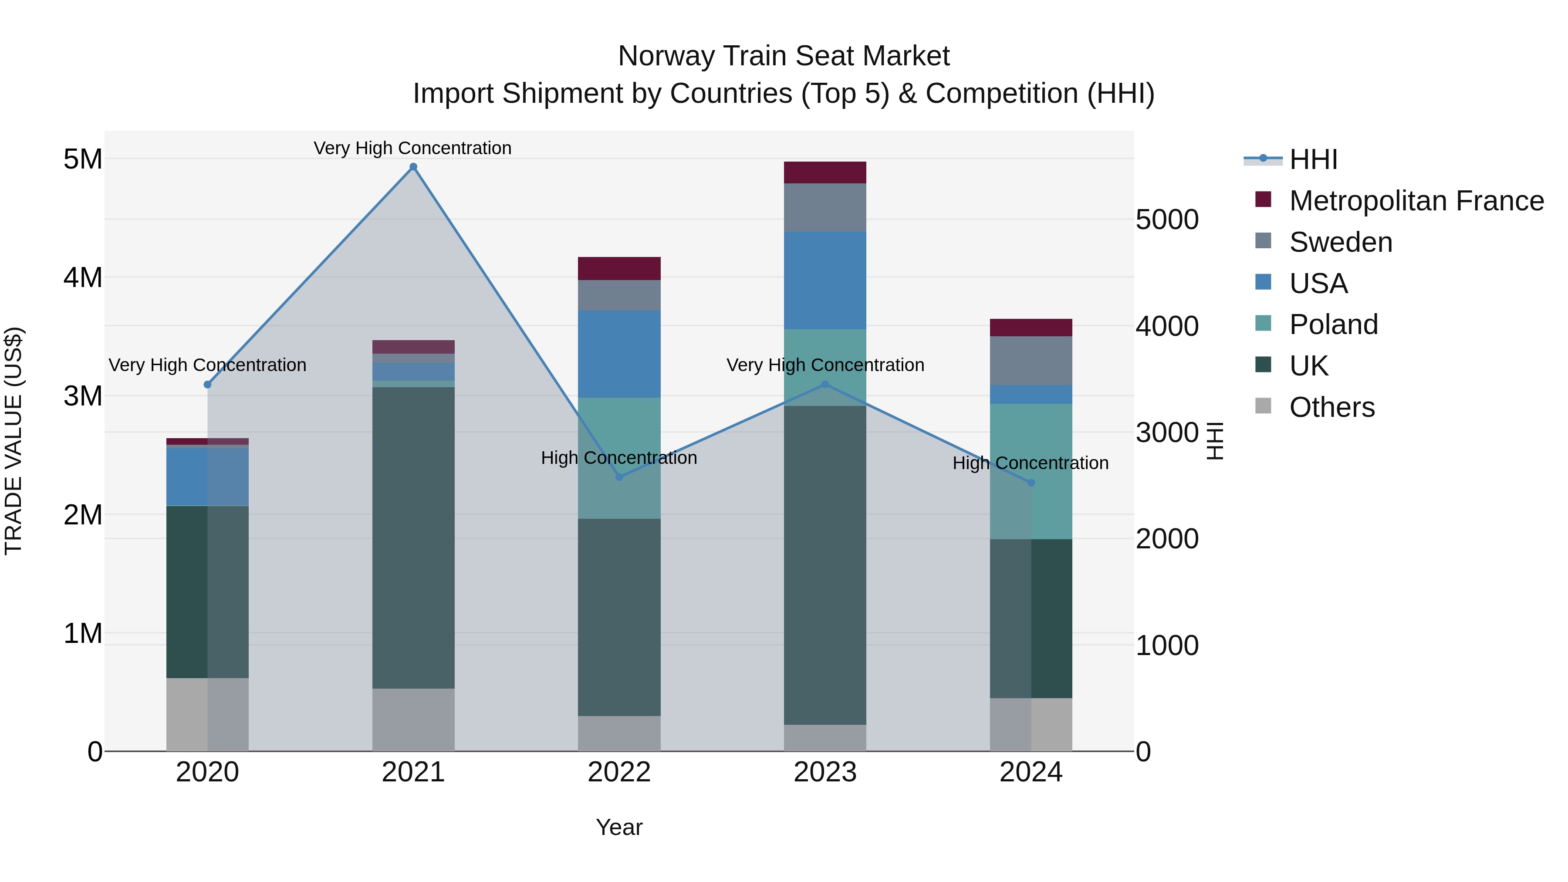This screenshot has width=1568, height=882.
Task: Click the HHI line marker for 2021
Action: pyautogui.click(x=413, y=167)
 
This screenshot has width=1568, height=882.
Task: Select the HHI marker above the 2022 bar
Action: pyautogui.click(x=619, y=477)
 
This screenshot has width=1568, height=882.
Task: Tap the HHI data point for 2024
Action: pyautogui.click(x=1031, y=483)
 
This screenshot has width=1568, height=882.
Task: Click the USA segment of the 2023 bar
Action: pyautogui.click(x=825, y=280)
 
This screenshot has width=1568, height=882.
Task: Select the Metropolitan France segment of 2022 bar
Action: pyautogui.click(x=619, y=268)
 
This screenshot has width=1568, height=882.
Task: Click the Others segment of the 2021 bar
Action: pyautogui.click(x=413, y=720)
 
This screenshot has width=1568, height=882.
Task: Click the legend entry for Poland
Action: pyautogui.click(x=1333, y=324)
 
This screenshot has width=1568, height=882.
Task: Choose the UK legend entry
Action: pyautogui.click(x=1309, y=366)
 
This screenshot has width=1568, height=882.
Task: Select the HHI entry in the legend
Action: pyautogui.click(x=1313, y=159)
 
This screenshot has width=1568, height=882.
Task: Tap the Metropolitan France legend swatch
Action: pyautogui.click(x=1263, y=199)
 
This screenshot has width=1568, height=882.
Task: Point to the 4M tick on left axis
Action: pyautogui.click(x=83, y=277)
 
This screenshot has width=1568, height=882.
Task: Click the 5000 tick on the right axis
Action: pyautogui.click(x=1167, y=220)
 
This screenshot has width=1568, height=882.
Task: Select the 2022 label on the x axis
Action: pyautogui.click(x=619, y=772)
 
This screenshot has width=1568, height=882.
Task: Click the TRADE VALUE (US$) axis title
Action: pyautogui.click(x=14, y=441)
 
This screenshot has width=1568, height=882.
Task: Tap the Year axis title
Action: pyautogui.click(x=619, y=827)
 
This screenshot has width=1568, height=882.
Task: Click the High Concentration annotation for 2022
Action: pyautogui.click(x=619, y=458)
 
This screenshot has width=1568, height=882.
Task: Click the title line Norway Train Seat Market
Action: pyautogui.click(x=784, y=56)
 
